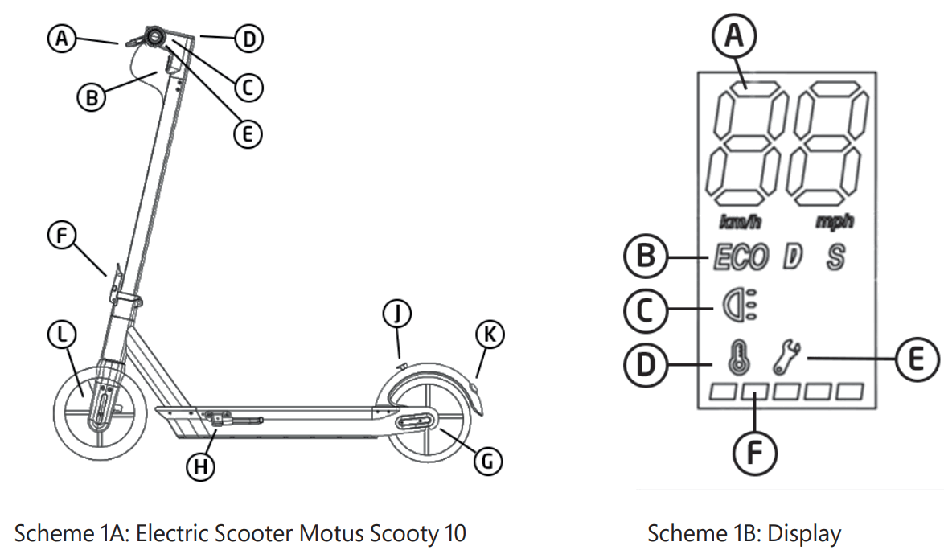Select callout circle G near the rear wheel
487,460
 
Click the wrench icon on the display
788,357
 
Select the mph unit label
834,221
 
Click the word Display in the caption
804,533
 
